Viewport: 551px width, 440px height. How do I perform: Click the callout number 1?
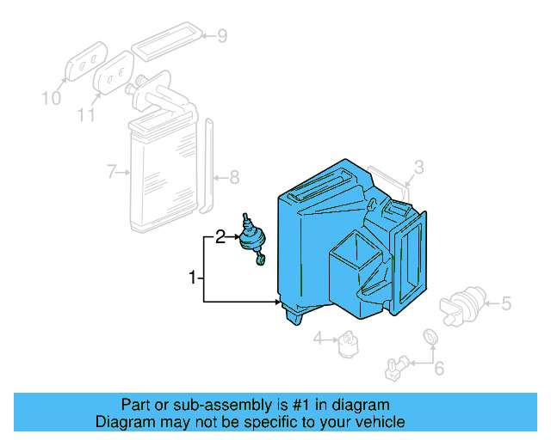click(193, 278)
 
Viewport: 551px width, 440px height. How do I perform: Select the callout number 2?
click(220, 236)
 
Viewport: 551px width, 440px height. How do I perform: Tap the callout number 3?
click(418, 166)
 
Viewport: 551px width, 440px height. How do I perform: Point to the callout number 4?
click(318, 339)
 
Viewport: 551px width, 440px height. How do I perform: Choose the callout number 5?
click(506, 302)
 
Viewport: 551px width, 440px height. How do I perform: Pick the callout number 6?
click(438, 370)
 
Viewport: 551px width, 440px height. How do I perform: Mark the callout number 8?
click(233, 179)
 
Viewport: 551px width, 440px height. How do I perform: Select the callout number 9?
click(221, 36)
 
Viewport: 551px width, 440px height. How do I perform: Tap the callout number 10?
click(52, 98)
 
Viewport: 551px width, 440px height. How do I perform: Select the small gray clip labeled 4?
click(349, 341)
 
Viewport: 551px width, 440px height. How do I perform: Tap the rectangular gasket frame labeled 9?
click(167, 41)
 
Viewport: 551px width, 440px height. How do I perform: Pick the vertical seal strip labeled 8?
click(207, 168)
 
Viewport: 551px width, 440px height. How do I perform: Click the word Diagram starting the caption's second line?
click(123, 422)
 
